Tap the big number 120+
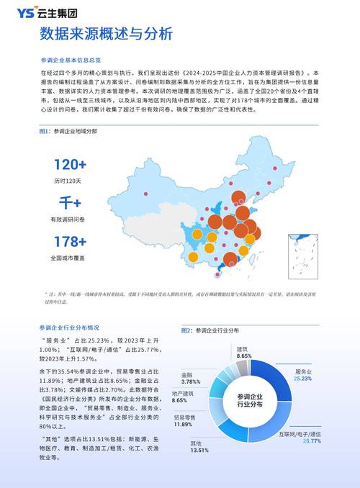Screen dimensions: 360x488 point(70,165)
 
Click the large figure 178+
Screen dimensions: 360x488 point(70,242)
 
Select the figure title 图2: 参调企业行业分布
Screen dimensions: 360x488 point(210,330)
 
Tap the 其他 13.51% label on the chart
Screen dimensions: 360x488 point(199,446)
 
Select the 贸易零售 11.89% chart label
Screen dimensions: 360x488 point(184,421)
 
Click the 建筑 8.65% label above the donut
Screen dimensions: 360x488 point(244,352)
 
